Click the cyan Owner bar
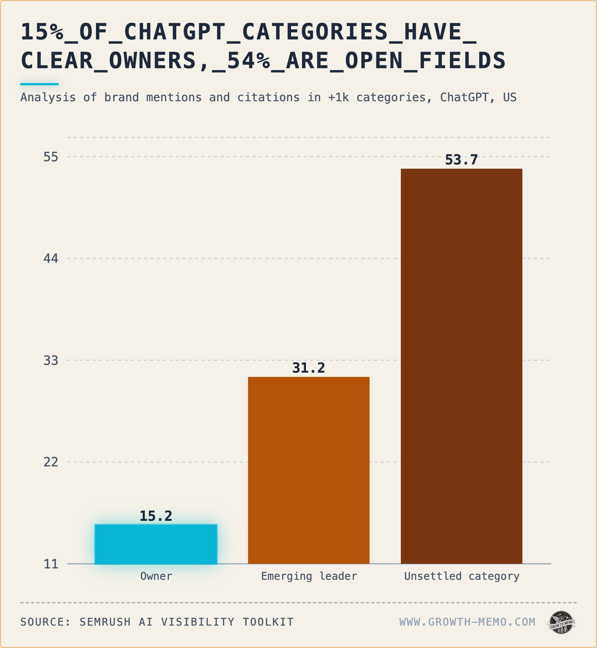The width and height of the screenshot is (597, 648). point(156,544)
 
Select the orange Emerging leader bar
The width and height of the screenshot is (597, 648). point(309,470)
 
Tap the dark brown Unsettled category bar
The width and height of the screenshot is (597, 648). point(462,366)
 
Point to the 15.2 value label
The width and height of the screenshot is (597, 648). point(156,516)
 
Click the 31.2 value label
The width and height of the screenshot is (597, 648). point(309,368)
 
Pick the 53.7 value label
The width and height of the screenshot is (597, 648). point(462,160)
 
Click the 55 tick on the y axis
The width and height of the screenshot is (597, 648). point(51,157)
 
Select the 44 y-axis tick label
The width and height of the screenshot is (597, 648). point(51,258)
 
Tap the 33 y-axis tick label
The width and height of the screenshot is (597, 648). point(51,360)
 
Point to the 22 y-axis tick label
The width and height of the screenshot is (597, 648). point(51,462)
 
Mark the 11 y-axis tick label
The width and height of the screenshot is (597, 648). point(51,564)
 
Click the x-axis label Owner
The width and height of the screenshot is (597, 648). point(156,576)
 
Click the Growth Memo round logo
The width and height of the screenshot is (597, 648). point(561,622)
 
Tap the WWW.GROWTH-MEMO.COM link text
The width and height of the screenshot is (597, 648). point(467,622)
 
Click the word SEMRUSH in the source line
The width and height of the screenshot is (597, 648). point(105,622)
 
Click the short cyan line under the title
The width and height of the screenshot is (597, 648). point(39,84)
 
